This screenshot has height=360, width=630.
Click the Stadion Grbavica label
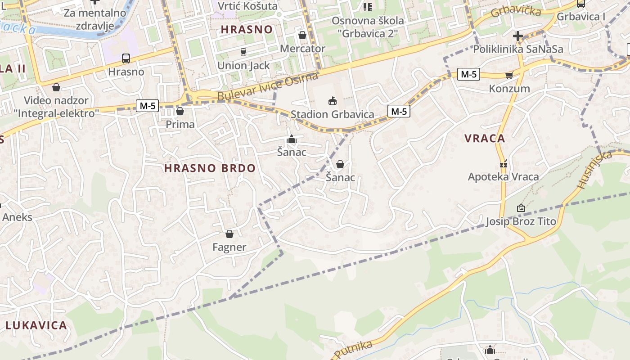click(332, 114)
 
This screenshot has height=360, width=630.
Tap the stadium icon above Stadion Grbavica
click(333, 101)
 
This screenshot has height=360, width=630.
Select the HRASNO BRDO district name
click(210, 169)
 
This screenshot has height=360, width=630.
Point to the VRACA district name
click(485, 139)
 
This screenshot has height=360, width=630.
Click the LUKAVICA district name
click(36, 325)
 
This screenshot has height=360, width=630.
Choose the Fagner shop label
click(229, 247)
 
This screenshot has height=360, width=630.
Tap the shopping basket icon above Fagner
click(229, 234)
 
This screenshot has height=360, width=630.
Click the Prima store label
click(180, 124)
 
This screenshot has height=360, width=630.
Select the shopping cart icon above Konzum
click(509, 75)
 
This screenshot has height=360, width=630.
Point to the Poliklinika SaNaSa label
click(517, 49)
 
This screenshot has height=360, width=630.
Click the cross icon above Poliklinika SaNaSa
click(517, 36)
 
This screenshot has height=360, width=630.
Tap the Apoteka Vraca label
click(503, 177)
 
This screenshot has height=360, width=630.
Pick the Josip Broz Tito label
click(521, 221)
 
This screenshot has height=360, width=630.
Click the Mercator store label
click(302, 48)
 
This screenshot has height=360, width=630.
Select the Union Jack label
click(243, 66)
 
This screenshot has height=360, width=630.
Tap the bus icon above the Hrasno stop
click(126, 58)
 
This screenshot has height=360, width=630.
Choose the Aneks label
click(17, 217)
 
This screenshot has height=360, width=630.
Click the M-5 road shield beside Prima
click(148, 106)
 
